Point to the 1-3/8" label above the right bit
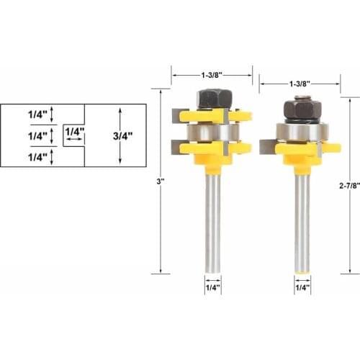[299, 83]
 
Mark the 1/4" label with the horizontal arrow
[74, 132]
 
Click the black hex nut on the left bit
[212, 99]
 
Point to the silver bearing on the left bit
[212, 131]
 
